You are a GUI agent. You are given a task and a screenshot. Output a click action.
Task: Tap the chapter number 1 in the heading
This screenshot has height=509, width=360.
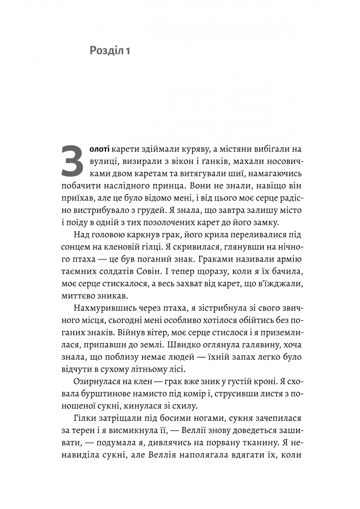point(126,52)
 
